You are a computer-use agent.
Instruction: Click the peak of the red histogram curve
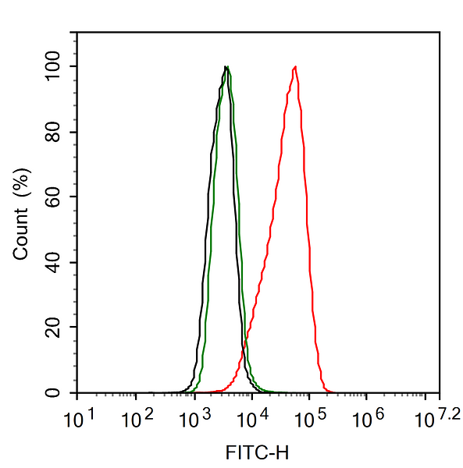(x=295, y=67)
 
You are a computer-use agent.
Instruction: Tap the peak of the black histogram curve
(x=225, y=67)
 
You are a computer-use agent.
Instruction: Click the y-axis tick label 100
(x=52, y=66)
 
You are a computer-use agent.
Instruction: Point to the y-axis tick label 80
(x=52, y=132)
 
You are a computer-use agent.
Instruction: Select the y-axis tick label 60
(x=52, y=197)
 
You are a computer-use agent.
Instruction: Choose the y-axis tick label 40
(x=52, y=262)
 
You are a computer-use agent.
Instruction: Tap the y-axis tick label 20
(x=52, y=327)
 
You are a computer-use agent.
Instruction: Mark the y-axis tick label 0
(x=52, y=392)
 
